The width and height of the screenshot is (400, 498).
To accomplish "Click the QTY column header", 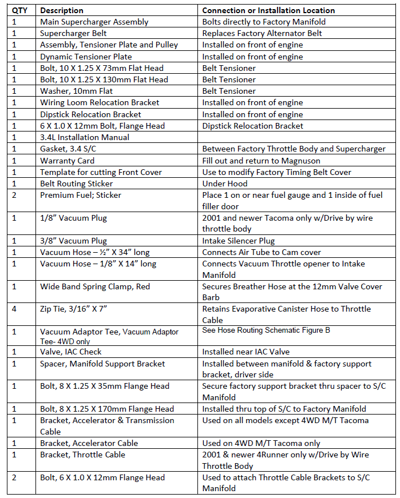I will pyautogui.click(x=19, y=10).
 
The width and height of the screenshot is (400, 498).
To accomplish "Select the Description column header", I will pyautogui.click(x=62, y=10).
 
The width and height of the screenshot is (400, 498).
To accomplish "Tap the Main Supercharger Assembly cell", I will pyautogui.click(x=94, y=22).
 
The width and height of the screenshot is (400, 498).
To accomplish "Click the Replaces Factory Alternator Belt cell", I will pyautogui.click(x=262, y=33).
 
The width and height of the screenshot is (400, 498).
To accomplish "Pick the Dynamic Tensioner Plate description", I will pyautogui.click(x=86, y=57).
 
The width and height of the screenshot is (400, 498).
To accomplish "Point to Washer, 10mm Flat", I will pyautogui.click(x=76, y=91).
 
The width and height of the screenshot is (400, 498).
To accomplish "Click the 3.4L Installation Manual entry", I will pyautogui.click(x=85, y=137).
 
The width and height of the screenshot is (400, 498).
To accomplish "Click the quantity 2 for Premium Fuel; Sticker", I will pyautogui.click(x=14, y=195).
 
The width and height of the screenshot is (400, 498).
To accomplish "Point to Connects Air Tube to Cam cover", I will pyautogui.click(x=262, y=252).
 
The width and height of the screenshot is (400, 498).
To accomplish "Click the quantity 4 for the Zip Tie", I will pyautogui.click(x=14, y=309).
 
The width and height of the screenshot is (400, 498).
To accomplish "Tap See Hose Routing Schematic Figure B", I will pyautogui.click(x=266, y=330).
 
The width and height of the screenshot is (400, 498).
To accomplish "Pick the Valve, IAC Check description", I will pyautogui.click(x=70, y=352).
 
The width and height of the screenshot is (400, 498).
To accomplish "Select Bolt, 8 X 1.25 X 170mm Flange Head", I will pyautogui.click(x=107, y=409).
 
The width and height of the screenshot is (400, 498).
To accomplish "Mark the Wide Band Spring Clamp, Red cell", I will pyautogui.click(x=95, y=286).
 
